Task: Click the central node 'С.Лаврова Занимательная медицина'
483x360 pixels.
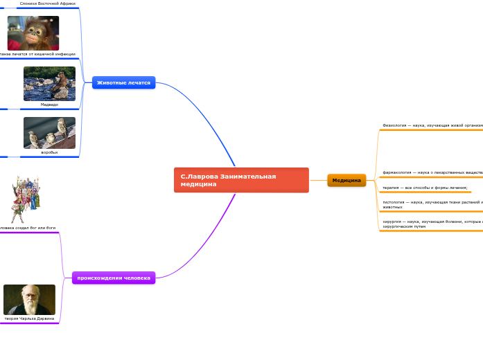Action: [240, 180]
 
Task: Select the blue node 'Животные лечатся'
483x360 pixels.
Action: [123, 82]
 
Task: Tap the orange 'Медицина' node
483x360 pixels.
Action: [346, 181]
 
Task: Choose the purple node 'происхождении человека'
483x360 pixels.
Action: [114, 278]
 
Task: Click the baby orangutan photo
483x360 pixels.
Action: [33, 33]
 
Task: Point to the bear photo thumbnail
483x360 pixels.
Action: [49, 84]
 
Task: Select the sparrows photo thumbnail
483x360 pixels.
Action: [49, 132]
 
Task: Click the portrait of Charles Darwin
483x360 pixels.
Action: [29, 300]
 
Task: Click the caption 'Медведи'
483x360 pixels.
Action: [49, 105]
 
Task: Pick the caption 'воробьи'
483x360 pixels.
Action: [49, 152]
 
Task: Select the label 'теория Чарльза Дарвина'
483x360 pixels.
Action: [29, 318]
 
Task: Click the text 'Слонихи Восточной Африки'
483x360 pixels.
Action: [48, 3]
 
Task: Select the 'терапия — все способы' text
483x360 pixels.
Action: [425, 188]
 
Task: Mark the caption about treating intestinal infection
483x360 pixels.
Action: [37, 54]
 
